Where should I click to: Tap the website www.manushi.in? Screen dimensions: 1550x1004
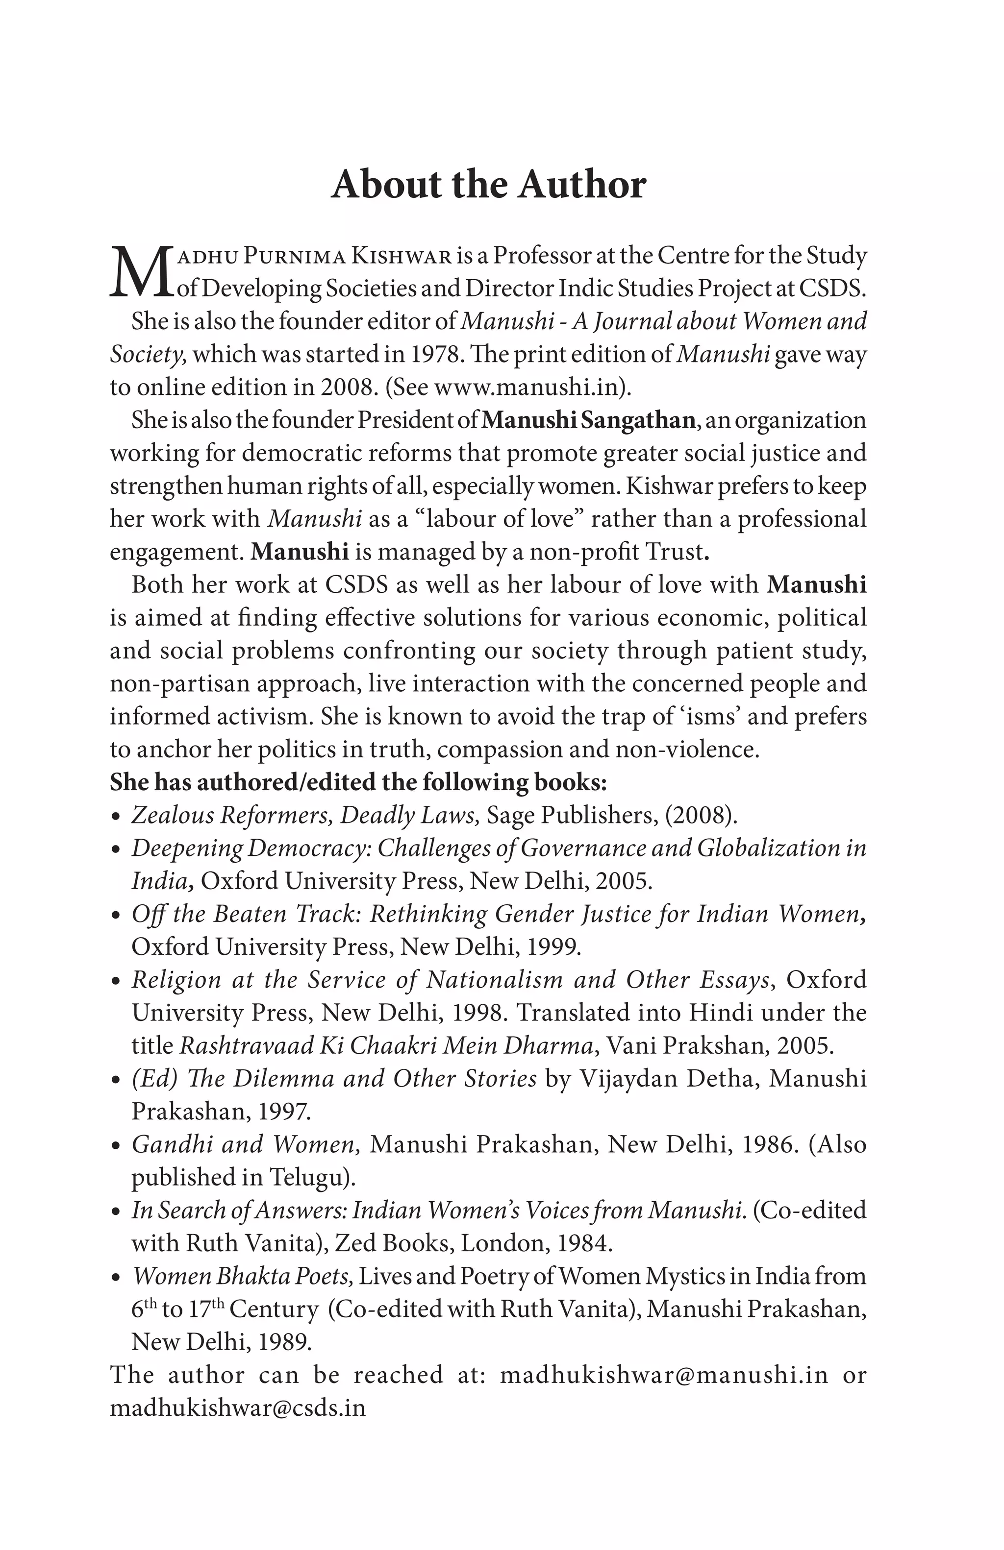click(525, 387)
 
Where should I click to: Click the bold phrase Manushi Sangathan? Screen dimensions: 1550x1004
click(588, 420)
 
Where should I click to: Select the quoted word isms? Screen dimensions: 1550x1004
click(717, 716)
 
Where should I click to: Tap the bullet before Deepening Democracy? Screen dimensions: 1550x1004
click(115, 850)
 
